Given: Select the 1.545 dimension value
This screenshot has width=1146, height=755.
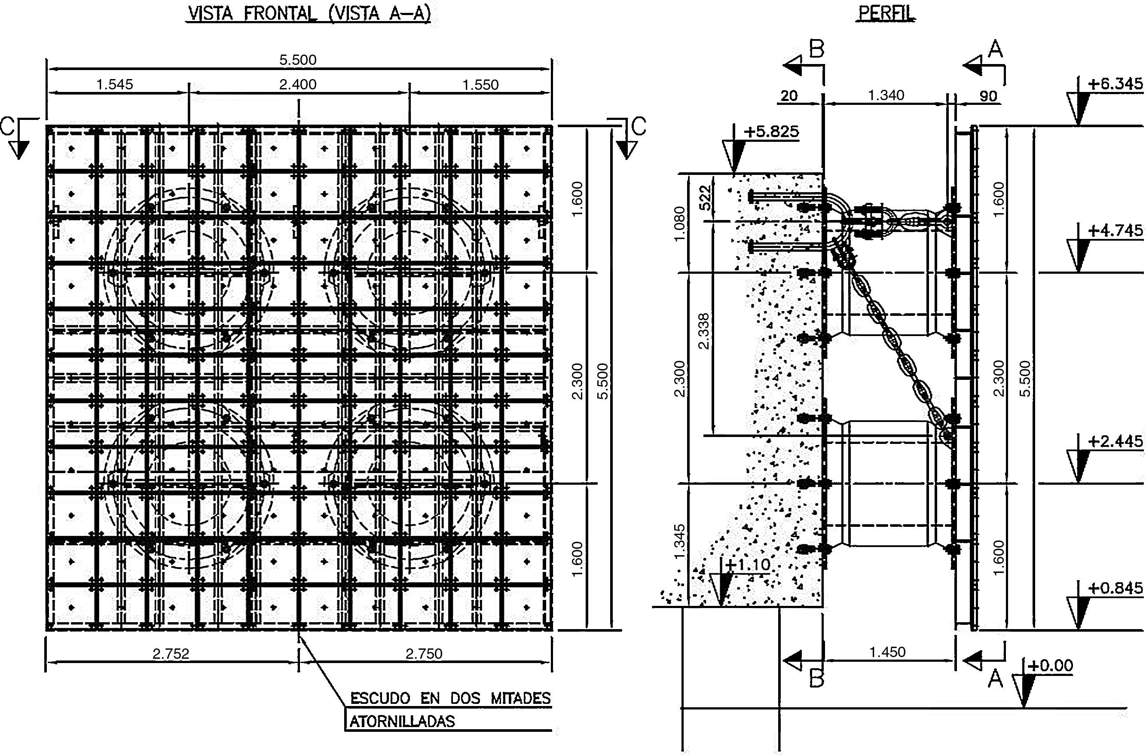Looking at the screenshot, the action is [x=115, y=85].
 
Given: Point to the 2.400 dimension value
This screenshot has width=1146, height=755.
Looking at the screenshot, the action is [x=298, y=85].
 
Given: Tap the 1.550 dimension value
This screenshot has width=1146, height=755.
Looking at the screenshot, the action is [x=480, y=85].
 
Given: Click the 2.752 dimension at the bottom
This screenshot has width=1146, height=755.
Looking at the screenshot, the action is [x=171, y=654].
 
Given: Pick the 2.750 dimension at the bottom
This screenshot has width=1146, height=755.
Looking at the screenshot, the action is [x=424, y=654].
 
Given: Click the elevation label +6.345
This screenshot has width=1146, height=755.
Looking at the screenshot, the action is [x=1115, y=84].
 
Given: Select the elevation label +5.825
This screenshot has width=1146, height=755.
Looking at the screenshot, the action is [x=771, y=131].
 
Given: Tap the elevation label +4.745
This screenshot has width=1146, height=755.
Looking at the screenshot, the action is [x=1115, y=231].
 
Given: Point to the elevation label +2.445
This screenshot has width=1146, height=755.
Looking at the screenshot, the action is [x=1115, y=442].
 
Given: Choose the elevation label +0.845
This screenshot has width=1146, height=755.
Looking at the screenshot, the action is [x=1115, y=588].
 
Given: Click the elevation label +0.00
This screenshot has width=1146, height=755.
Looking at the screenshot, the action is [x=1050, y=666].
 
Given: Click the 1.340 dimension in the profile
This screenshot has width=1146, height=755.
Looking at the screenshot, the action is [x=886, y=95].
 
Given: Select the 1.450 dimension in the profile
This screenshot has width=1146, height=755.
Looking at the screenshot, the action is [x=887, y=652].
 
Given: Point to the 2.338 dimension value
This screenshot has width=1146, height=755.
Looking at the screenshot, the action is [x=703, y=331].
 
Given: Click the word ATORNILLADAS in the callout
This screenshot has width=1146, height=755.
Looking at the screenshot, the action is [x=402, y=721].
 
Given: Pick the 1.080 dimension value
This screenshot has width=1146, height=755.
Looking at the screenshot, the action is [x=679, y=224].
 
